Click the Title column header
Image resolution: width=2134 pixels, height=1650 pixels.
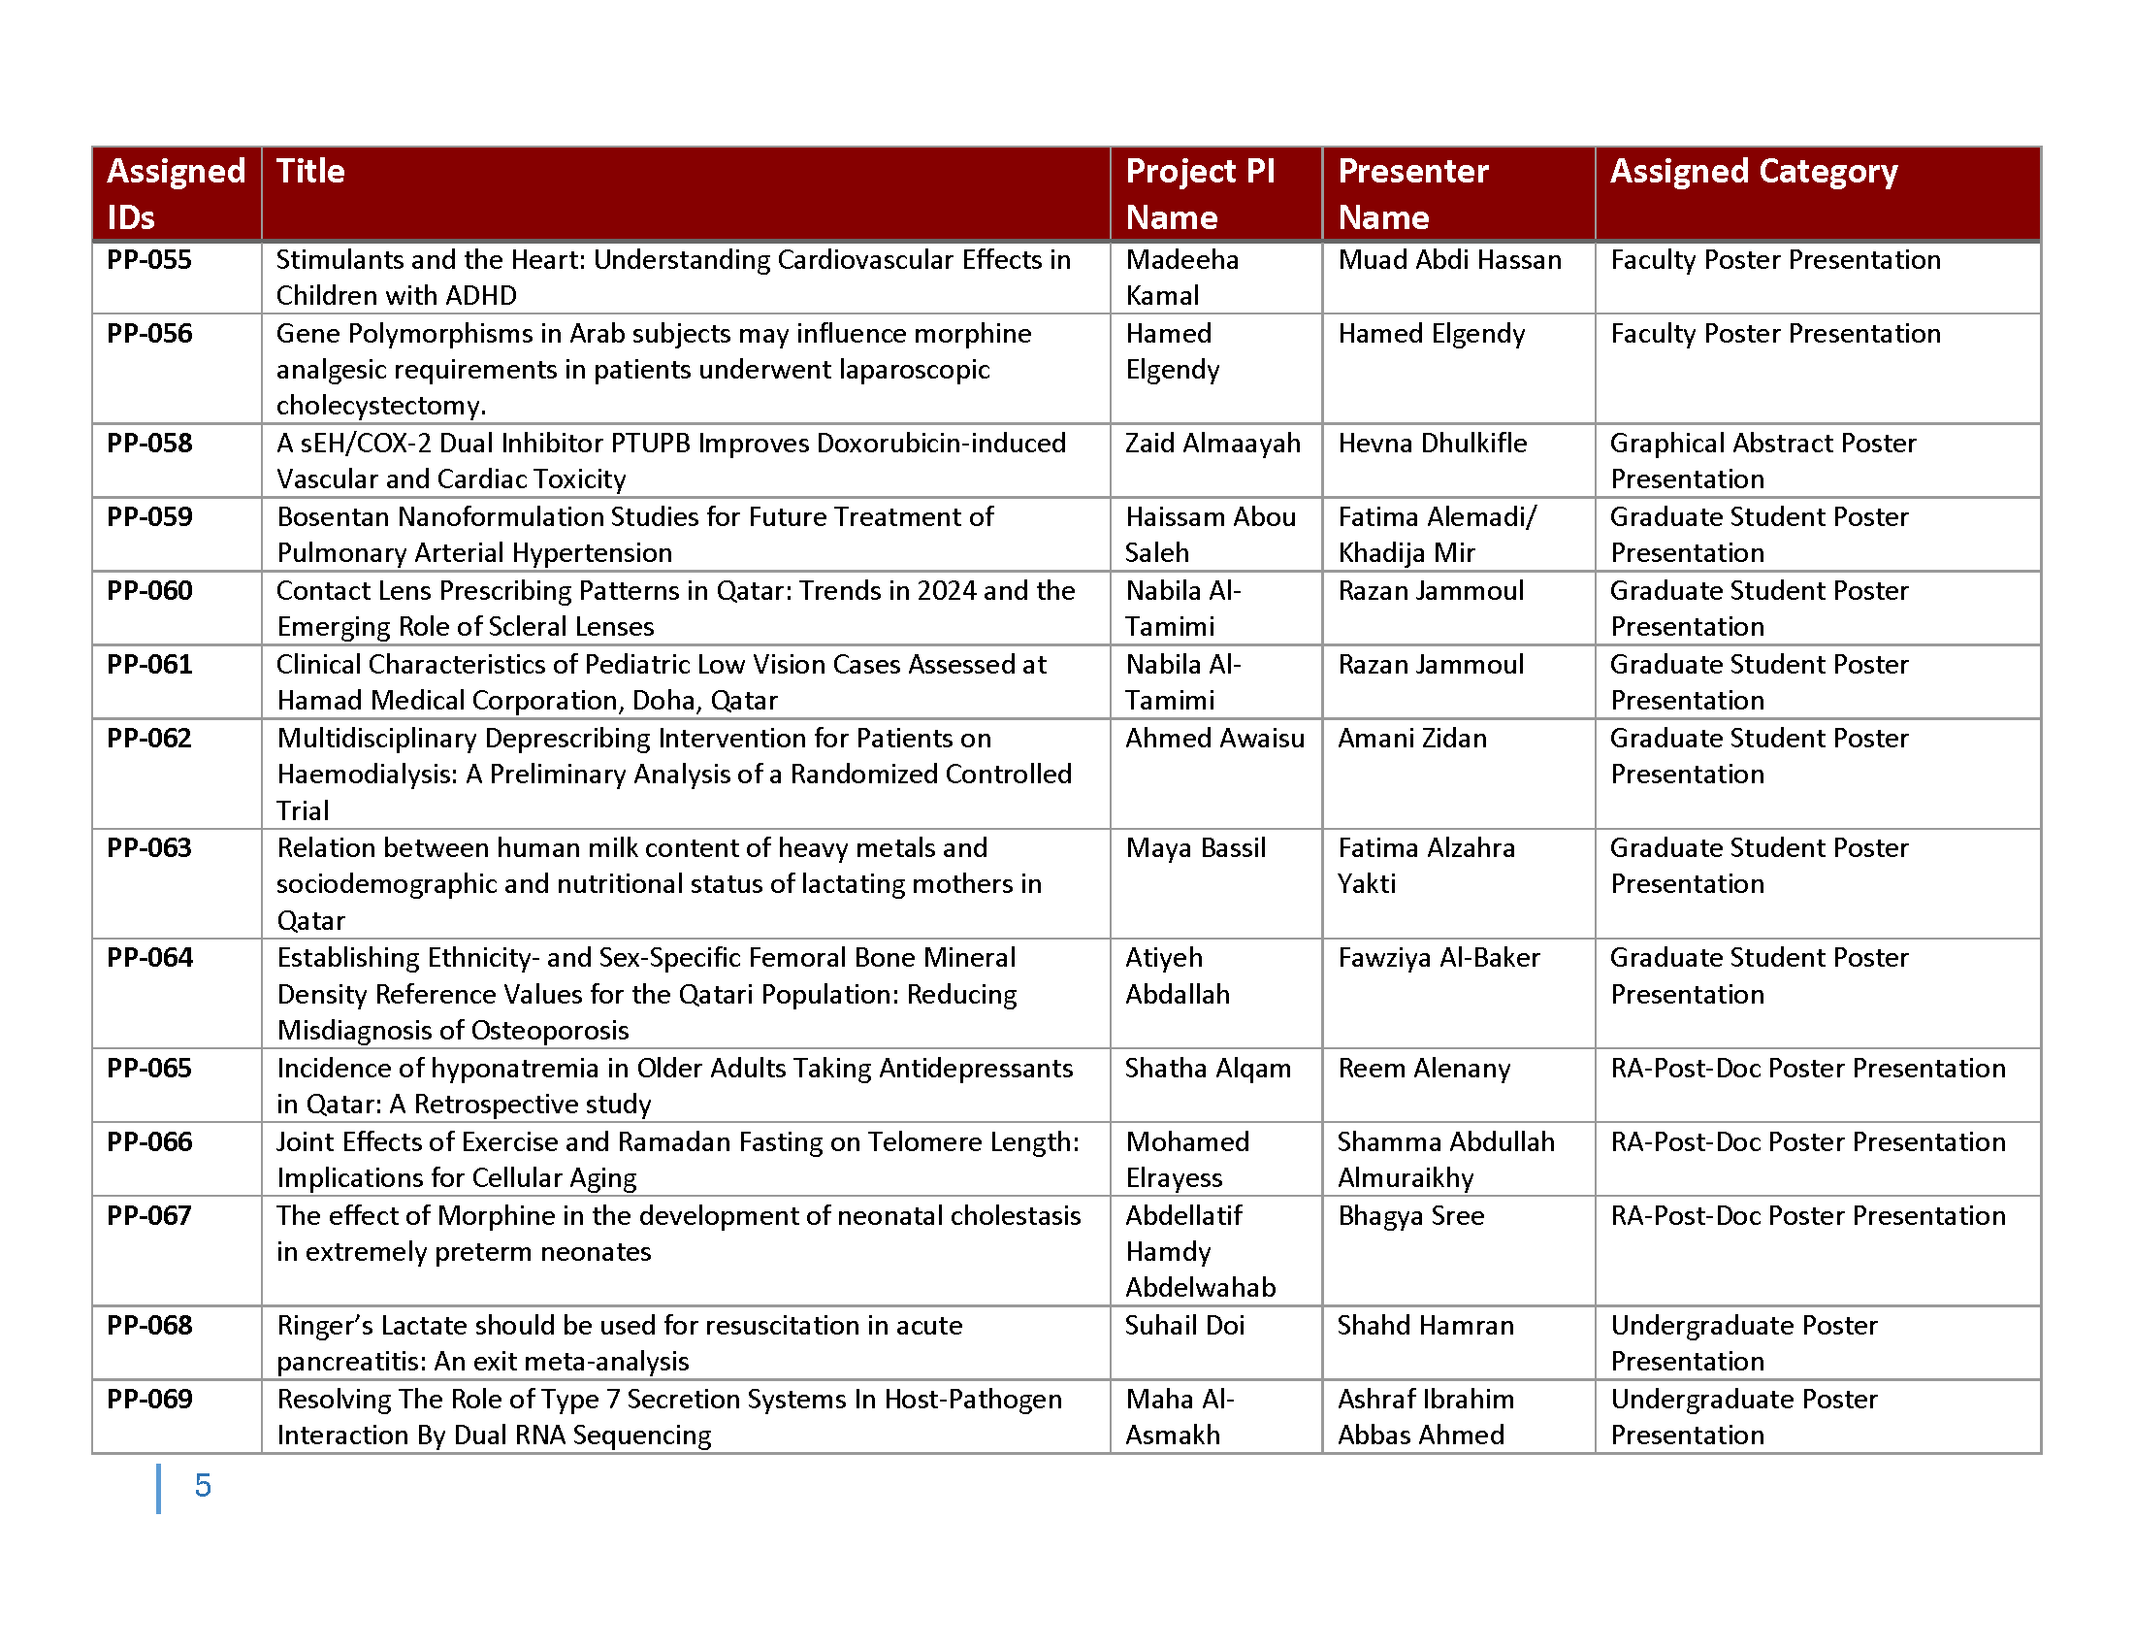310,172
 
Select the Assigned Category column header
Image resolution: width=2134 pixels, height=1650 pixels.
1753,172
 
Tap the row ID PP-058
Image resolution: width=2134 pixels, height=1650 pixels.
149,444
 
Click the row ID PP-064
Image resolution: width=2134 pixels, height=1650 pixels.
149,958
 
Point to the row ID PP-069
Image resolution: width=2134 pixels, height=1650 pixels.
149,1400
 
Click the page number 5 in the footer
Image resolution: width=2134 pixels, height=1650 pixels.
203,1486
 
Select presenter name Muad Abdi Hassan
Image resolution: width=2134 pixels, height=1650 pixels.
1449,260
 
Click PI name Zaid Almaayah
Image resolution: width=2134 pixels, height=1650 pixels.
1212,444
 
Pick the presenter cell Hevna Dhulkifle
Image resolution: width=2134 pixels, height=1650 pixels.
1432,444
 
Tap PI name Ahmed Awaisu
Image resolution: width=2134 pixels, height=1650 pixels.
1214,739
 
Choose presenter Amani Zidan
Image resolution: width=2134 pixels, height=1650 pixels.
1412,739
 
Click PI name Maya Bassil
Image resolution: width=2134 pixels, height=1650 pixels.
1195,848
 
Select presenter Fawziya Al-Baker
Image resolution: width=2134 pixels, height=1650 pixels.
1439,958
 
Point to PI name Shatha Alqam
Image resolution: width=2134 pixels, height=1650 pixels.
1208,1069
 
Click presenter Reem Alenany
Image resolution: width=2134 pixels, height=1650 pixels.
1424,1069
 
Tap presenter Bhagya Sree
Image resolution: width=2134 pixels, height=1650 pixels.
1411,1216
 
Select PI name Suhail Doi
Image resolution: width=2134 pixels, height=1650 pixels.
1184,1326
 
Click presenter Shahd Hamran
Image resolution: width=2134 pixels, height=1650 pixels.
1426,1326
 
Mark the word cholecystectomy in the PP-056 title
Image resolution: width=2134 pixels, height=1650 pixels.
380,406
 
